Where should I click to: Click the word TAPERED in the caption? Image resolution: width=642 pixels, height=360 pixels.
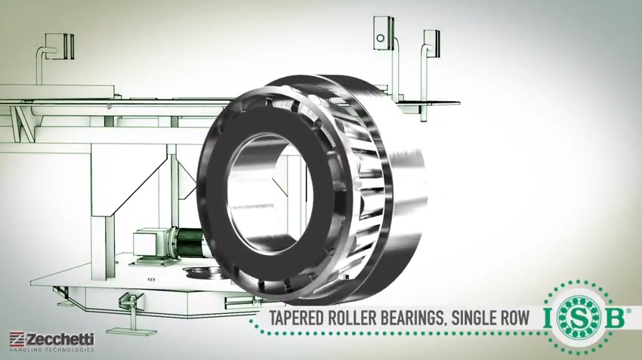tap(292, 319)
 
